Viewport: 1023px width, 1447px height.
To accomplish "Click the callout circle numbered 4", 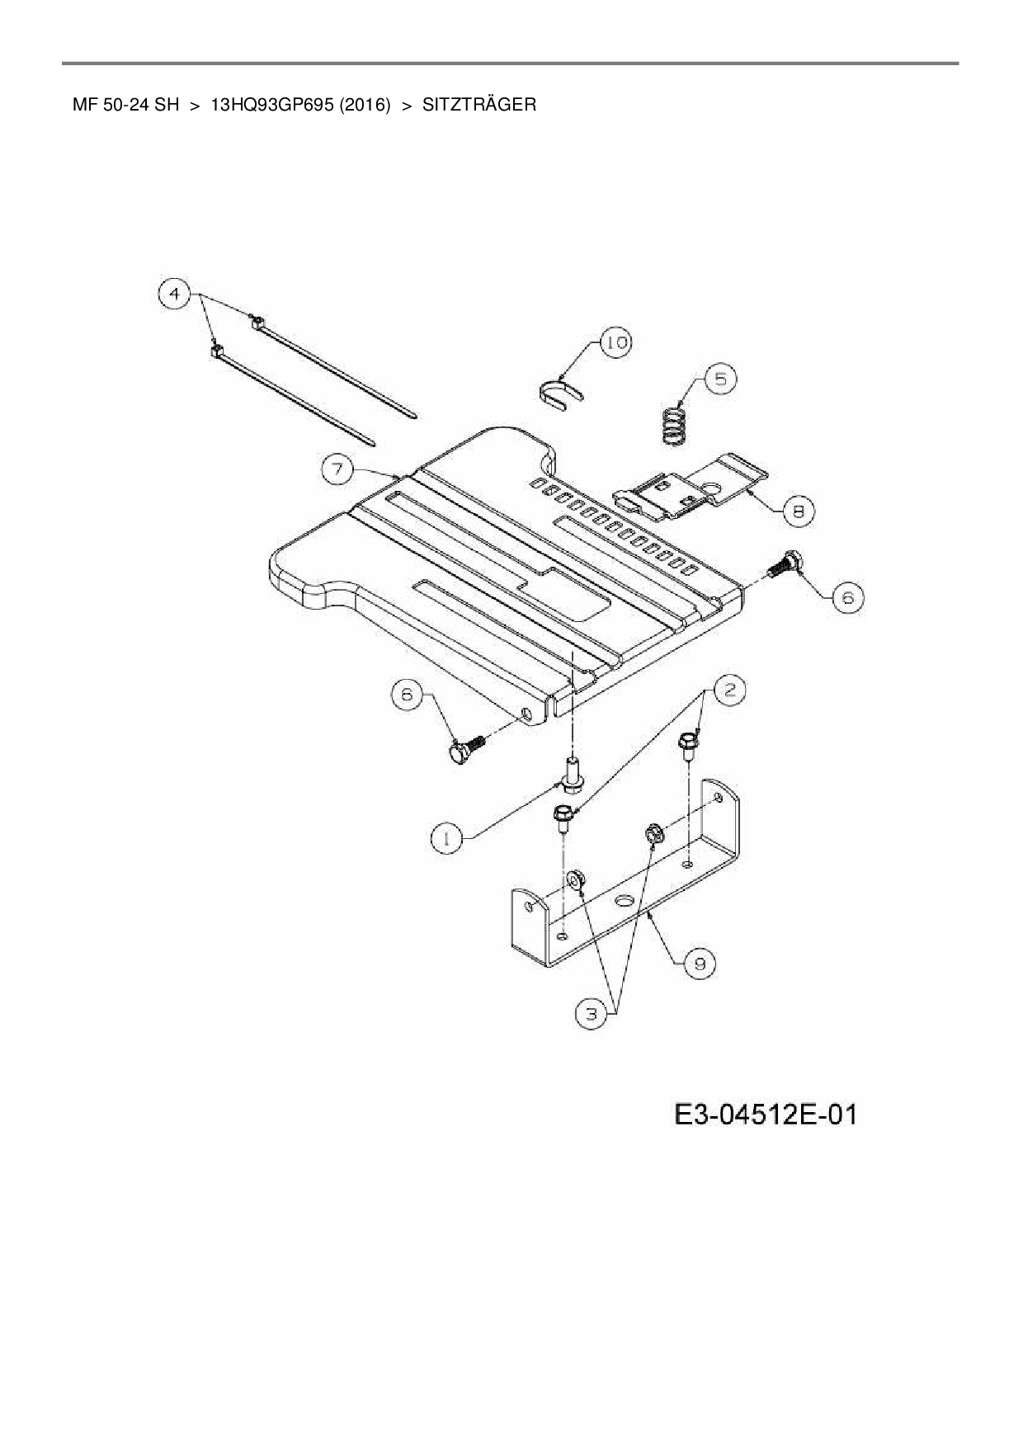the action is (174, 294).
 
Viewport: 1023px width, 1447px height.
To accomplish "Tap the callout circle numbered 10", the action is (614, 342).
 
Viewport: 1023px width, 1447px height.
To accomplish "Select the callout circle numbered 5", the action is (720, 379).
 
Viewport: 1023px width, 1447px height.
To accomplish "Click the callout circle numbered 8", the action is (798, 510).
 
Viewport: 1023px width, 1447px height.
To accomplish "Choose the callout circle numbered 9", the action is (699, 962).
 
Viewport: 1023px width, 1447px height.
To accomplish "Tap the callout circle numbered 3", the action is (591, 1013).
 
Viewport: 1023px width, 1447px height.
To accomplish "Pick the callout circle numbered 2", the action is (728, 689).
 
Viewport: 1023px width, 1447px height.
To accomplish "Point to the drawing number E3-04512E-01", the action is (765, 1115).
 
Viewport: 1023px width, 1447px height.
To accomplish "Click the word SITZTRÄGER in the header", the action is (478, 105).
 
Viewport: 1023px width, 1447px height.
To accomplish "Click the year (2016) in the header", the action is (364, 105).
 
